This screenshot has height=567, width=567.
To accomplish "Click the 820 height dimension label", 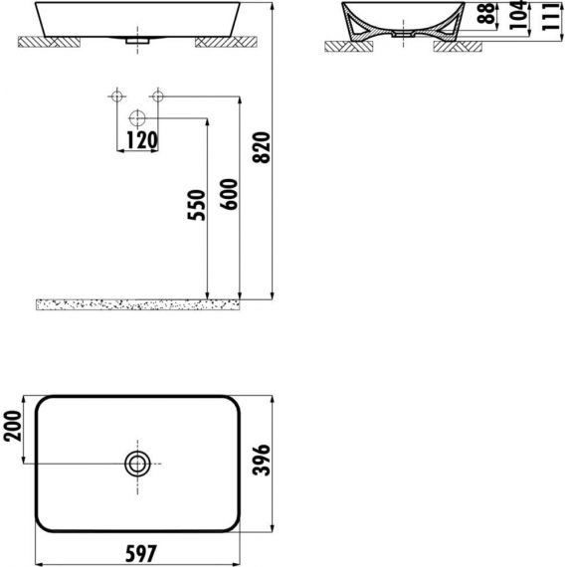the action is tap(262, 148).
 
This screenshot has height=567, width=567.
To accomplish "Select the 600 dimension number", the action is tap(229, 194).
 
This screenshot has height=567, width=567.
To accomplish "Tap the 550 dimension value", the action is tap(196, 205).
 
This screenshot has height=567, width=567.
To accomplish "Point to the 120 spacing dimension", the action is tap(142, 140).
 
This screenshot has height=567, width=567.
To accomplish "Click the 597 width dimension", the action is tap(141, 554).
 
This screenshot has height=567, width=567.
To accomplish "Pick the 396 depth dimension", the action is tap(262, 460).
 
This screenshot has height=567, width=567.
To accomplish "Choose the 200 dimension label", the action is tap(13, 426).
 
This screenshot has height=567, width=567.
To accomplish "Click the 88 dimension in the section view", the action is tap(485, 13).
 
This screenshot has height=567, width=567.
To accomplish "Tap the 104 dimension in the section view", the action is tap(518, 15).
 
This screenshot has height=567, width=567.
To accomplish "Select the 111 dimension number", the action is tap(550, 17).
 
